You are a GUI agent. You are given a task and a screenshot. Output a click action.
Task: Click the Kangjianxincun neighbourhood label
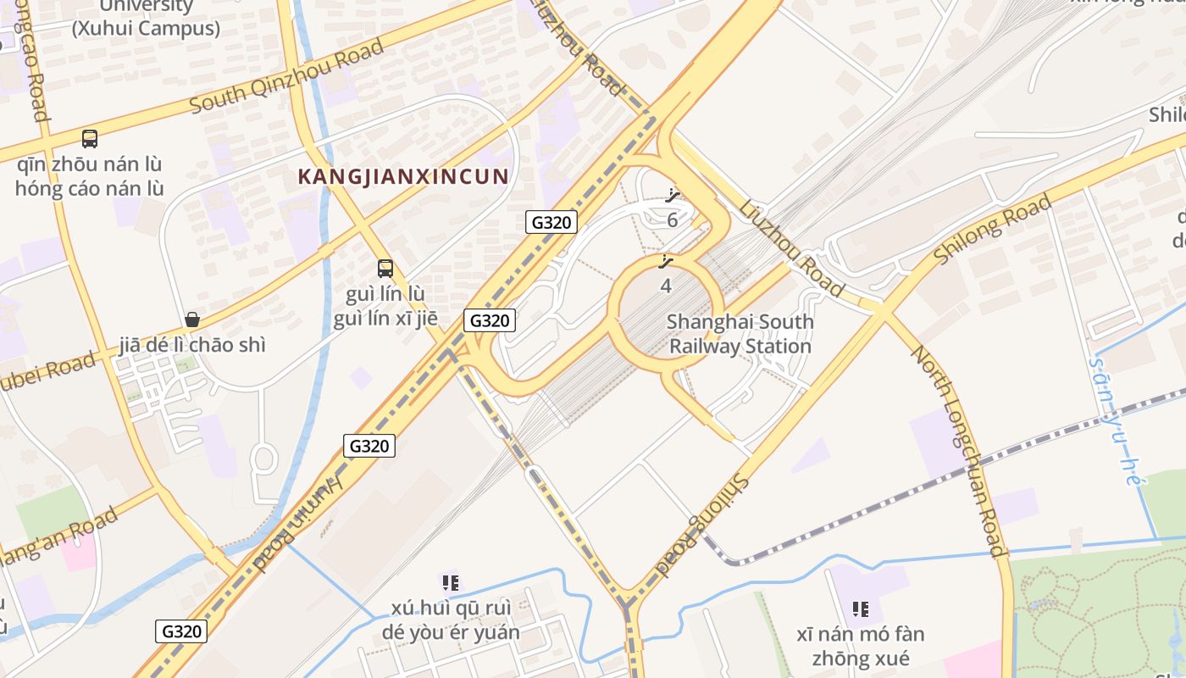pyautogui.click(x=403, y=176)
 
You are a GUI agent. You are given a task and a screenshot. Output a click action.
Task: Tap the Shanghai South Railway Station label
pyautogui.click(x=740, y=334)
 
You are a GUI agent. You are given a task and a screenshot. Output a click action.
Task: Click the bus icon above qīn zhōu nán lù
pyautogui.click(x=89, y=138)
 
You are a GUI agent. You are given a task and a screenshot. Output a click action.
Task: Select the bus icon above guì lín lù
pyautogui.click(x=385, y=269)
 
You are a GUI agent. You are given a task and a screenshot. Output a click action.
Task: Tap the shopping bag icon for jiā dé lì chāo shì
pyautogui.click(x=192, y=320)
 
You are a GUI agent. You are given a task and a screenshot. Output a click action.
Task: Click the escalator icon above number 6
pyautogui.click(x=673, y=197)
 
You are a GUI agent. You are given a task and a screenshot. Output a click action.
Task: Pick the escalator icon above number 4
pyautogui.click(x=666, y=262)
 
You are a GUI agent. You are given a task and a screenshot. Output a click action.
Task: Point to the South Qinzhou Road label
pyautogui.click(x=286, y=76)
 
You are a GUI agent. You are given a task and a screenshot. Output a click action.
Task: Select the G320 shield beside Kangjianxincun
pyautogui.click(x=551, y=222)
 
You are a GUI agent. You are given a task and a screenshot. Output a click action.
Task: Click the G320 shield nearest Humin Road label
pyautogui.click(x=369, y=446)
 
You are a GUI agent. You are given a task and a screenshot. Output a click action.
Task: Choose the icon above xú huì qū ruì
pyautogui.click(x=451, y=582)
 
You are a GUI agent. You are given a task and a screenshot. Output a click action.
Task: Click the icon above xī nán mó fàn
pyautogui.click(x=861, y=609)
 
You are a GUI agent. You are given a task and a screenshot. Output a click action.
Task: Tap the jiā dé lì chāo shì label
pyautogui.click(x=192, y=345)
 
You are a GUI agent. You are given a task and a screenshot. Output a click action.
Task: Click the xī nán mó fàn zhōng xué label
pyautogui.click(x=861, y=646)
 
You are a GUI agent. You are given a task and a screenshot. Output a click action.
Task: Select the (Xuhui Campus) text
pyautogui.click(x=146, y=28)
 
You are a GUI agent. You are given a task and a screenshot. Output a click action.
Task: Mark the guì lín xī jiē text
pyautogui.click(x=385, y=319)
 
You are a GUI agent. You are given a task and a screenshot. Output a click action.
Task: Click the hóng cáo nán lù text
pyautogui.click(x=89, y=188)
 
